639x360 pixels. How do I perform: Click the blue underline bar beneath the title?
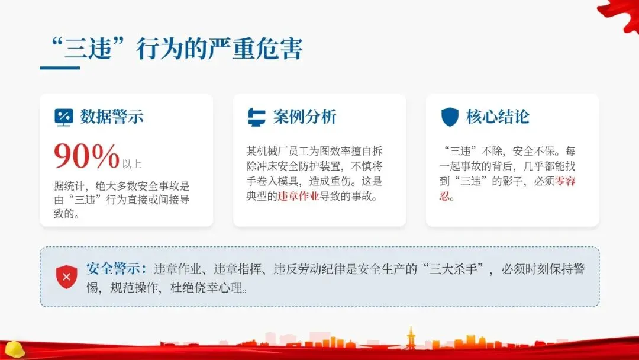point(59,68)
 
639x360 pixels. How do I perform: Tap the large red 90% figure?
point(86,156)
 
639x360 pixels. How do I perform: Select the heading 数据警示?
point(112,117)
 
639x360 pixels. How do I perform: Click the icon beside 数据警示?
point(63,117)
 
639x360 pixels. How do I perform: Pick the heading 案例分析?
point(305,117)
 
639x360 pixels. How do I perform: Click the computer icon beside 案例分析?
point(256,117)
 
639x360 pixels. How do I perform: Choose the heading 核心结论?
point(498,117)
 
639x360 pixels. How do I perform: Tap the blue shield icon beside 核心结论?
point(450,117)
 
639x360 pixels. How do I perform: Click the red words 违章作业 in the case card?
point(298,196)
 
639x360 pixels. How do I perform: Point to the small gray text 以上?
point(132,163)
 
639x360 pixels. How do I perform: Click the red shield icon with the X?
point(66,277)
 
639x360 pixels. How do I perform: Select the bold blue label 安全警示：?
point(117,269)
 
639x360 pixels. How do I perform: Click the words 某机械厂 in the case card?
point(266,151)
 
